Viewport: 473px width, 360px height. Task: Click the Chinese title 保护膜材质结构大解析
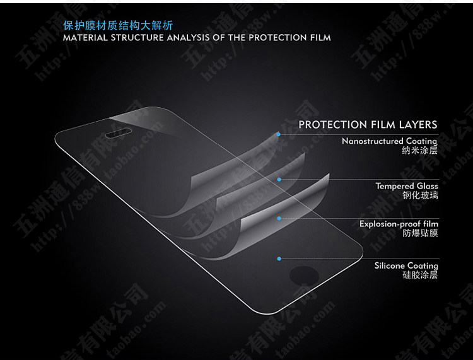(x=118, y=26)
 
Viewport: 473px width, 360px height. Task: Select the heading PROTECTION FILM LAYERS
(x=368, y=125)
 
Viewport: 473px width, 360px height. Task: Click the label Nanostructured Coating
(x=389, y=141)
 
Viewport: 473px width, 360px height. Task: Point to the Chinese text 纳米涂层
(x=419, y=151)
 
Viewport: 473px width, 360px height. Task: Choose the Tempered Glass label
(x=407, y=186)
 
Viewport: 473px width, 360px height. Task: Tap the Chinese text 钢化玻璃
(x=419, y=196)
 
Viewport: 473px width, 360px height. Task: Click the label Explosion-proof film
(x=399, y=224)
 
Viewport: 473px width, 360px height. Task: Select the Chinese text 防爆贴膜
(x=419, y=234)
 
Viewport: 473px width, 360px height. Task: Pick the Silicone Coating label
(x=406, y=265)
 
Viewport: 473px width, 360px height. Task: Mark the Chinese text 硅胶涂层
(x=419, y=276)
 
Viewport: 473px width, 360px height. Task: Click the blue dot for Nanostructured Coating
(x=279, y=134)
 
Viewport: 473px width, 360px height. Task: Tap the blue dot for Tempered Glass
(x=279, y=179)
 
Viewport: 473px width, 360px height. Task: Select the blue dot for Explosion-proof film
(x=279, y=218)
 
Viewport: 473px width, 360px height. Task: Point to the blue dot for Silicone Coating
(x=279, y=258)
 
